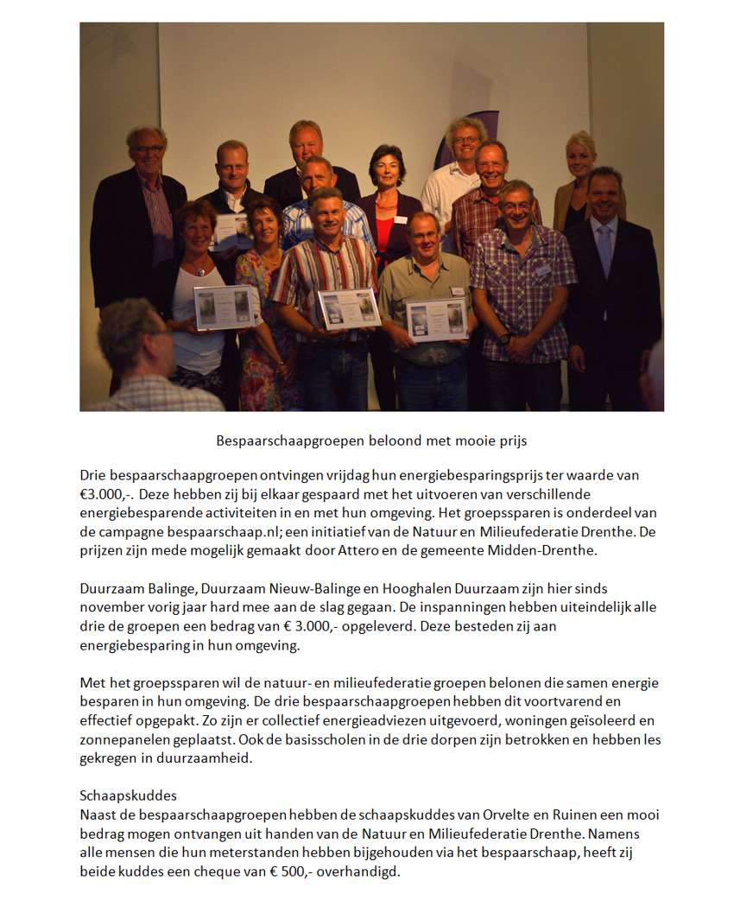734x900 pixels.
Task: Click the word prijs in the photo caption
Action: (511, 440)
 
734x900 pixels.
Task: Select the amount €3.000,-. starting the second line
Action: (106, 495)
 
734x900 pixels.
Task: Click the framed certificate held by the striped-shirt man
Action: (349, 308)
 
